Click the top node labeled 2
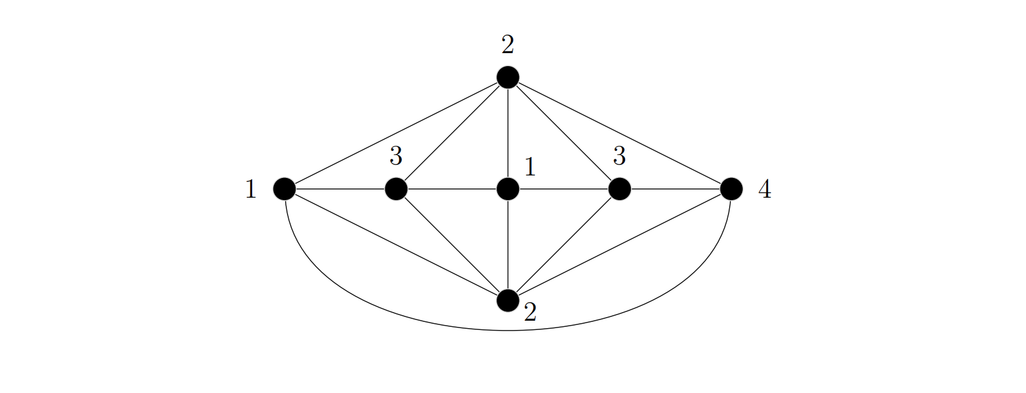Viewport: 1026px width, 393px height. tap(508, 77)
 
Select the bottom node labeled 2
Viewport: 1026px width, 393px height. tap(508, 300)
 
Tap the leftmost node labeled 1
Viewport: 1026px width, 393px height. tap(284, 188)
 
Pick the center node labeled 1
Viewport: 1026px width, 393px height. tap(508, 188)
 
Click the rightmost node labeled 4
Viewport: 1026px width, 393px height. tap(731, 188)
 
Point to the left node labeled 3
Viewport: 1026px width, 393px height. tap(396, 188)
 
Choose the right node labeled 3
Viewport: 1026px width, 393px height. tap(619, 188)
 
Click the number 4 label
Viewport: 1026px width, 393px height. tap(764, 190)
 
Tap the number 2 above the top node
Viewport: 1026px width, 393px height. tap(508, 44)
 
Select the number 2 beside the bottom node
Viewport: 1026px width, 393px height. tap(530, 313)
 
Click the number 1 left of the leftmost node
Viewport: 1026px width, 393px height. tap(250, 190)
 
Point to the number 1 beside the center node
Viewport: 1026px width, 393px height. tap(530, 167)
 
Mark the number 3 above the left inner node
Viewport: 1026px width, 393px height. tap(396, 156)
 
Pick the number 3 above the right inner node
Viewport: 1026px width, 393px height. tap(619, 156)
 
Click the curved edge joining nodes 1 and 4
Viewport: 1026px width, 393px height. tap(508, 331)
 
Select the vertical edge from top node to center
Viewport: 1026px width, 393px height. tap(508, 133)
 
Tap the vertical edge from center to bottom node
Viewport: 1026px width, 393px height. tap(508, 244)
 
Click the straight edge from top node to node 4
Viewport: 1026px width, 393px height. tap(619, 133)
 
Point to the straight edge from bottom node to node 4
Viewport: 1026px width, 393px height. tap(619, 245)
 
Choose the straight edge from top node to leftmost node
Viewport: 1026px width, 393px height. tap(396, 133)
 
